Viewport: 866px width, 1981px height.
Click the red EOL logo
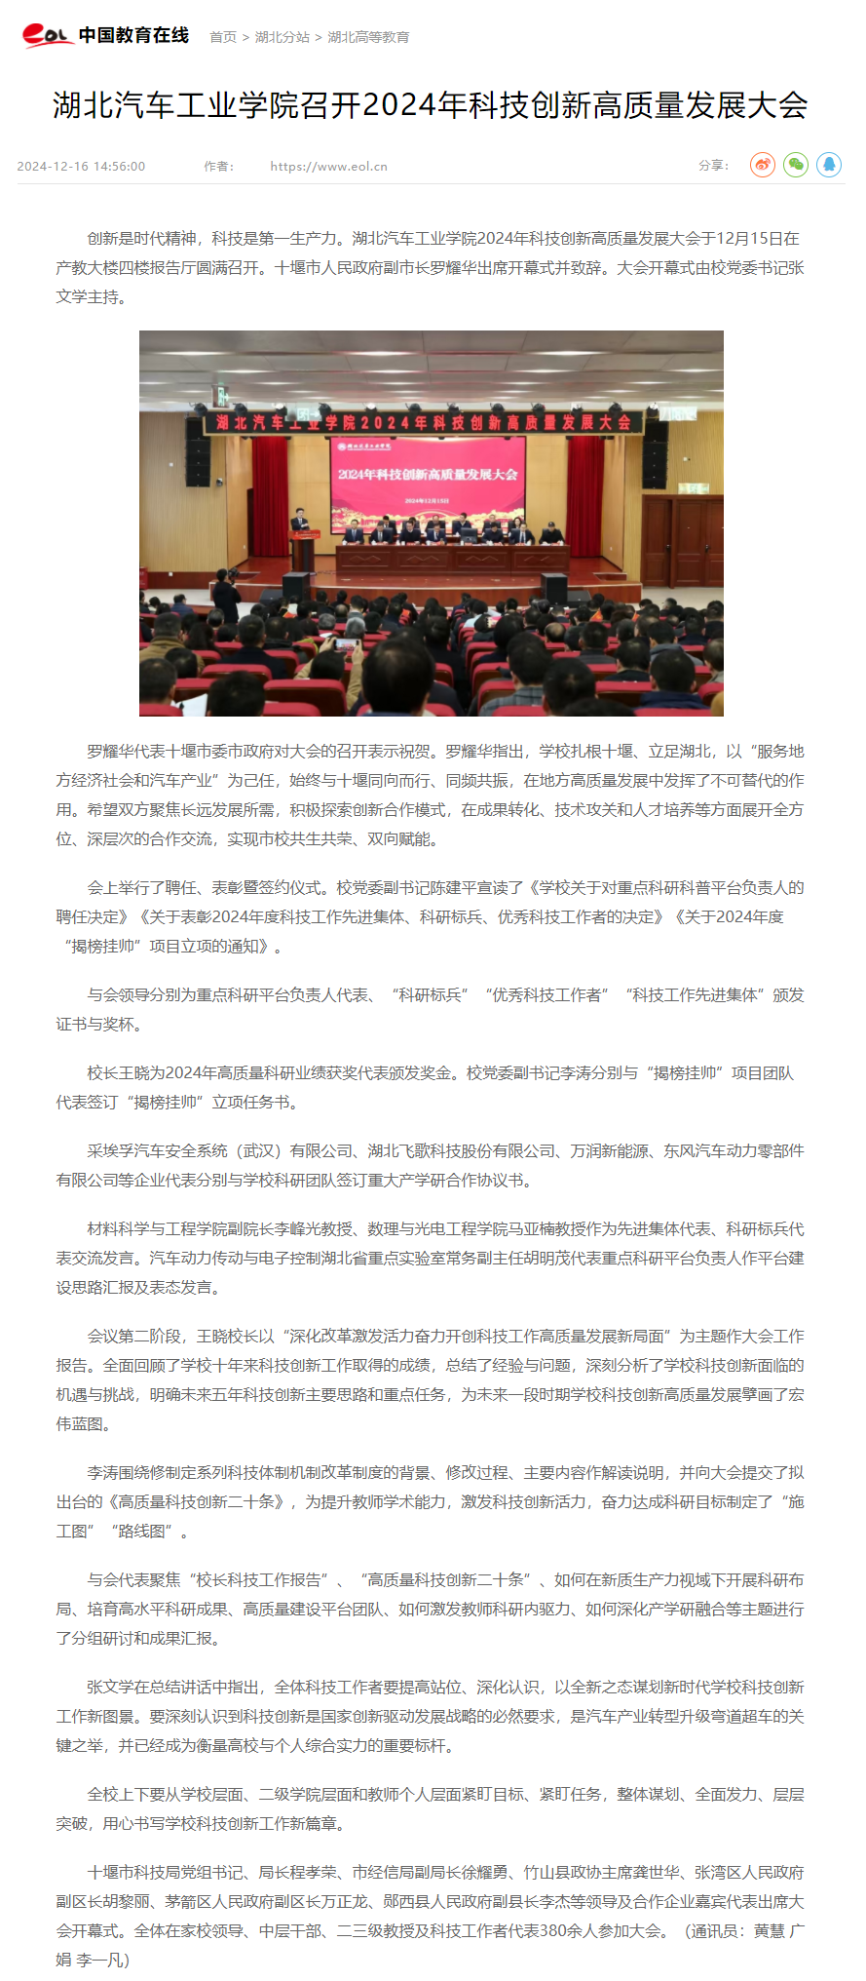click(x=47, y=35)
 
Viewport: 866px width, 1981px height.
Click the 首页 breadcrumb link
click(x=223, y=37)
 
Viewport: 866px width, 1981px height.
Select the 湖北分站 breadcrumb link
click(x=282, y=37)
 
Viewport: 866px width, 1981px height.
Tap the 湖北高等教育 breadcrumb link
click(x=368, y=37)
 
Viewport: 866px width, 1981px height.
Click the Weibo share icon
click(x=763, y=165)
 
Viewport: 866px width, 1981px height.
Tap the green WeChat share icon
click(x=796, y=165)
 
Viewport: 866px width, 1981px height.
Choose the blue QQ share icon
click(x=829, y=165)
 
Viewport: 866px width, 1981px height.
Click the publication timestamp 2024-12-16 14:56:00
click(x=81, y=167)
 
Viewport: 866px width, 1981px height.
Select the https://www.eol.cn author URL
click(x=328, y=167)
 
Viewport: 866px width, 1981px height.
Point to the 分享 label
click(x=712, y=166)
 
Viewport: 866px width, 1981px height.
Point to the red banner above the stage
click(x=424, y=422)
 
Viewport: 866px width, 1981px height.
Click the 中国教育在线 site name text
click(x=133, y=35)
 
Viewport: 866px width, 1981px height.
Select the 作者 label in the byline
click(x=218, y=167)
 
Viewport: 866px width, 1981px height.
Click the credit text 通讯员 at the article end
click(x=716, y=1930)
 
